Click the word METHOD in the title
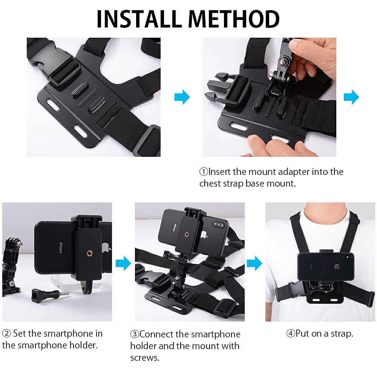click(x=236, y=19)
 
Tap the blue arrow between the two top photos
click(x=182, y=97)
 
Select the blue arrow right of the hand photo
click(x=351, y=97)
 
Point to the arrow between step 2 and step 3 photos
click(x=123, y=263)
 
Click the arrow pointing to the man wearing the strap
click(x=254, y=263)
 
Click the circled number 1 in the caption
click(x=204, y=172)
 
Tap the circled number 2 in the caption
click(x=6, y=334)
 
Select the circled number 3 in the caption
click(x=135, y=334)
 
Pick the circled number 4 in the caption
click(x=291, y=334)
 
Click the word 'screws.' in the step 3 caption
click(x=145, y=357)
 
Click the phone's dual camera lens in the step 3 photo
click(x=219, y=225)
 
